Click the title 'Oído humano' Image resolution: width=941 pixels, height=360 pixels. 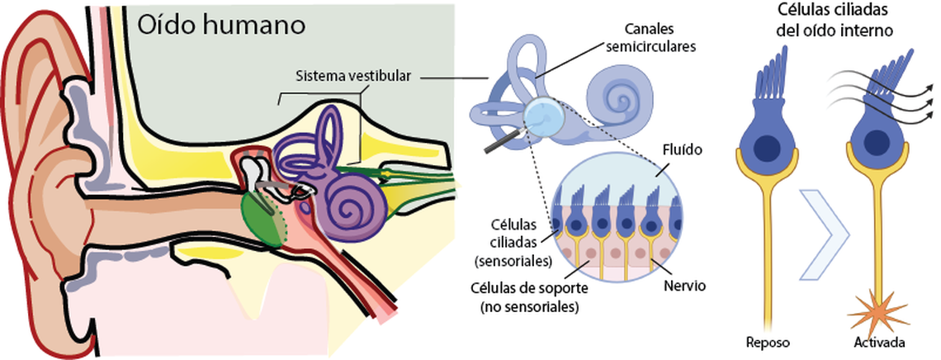point(221,24)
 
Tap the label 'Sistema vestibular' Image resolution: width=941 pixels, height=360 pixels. point(352,76)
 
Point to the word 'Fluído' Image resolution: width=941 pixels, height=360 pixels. point(682,152)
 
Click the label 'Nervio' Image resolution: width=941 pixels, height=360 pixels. point(685,285)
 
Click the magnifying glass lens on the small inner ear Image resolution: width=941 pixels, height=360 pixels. point(543,116)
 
